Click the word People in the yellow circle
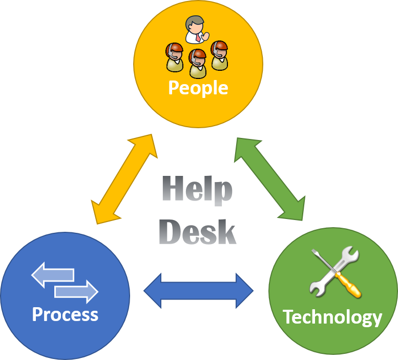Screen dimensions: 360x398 tap(198, 88)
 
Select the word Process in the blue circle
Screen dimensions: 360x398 tap(65, 314)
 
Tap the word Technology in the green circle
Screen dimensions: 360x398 tap(332, 317)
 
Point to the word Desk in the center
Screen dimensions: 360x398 tap(197, 232)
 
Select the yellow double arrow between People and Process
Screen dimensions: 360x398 tap(124, 179)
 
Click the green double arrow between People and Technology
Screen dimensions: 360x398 tap(269, 179)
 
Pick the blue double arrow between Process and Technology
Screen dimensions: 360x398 tap(199, 291)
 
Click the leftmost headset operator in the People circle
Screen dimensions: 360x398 tap(175, 57)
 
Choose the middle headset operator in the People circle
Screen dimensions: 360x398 tap(198, 63)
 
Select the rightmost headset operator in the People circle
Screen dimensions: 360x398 tap(219, 54)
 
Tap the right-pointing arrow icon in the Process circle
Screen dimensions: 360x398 tap(77, 291)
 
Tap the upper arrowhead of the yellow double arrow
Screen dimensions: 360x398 tap(146, 143)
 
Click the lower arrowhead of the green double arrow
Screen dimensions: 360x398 tap(295, 211)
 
